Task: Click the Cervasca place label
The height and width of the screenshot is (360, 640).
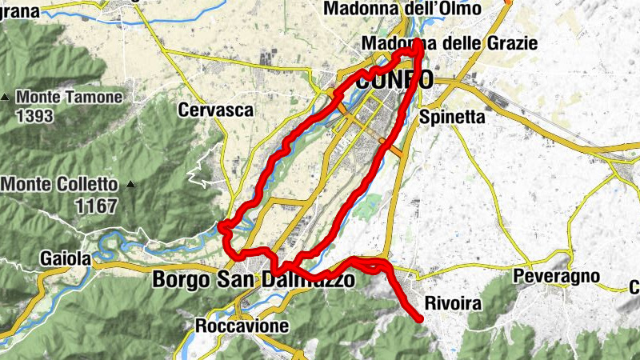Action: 216,110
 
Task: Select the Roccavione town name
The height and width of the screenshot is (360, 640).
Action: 235,326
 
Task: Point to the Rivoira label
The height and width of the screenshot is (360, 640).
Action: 453,304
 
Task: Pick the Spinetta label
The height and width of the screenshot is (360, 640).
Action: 453,117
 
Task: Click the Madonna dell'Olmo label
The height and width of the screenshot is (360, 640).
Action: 402,9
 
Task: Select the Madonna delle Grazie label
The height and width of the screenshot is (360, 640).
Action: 450,42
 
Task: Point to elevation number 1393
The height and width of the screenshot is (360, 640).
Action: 34,117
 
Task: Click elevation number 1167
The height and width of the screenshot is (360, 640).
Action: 96,206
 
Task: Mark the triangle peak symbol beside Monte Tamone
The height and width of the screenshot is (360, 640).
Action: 6,98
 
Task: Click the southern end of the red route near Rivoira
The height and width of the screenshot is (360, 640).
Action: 420,318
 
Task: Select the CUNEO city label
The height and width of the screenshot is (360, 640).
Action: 395,80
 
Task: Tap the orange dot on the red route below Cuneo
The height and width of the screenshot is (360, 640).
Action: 382,142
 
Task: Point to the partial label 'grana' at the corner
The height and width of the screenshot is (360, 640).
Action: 18,10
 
